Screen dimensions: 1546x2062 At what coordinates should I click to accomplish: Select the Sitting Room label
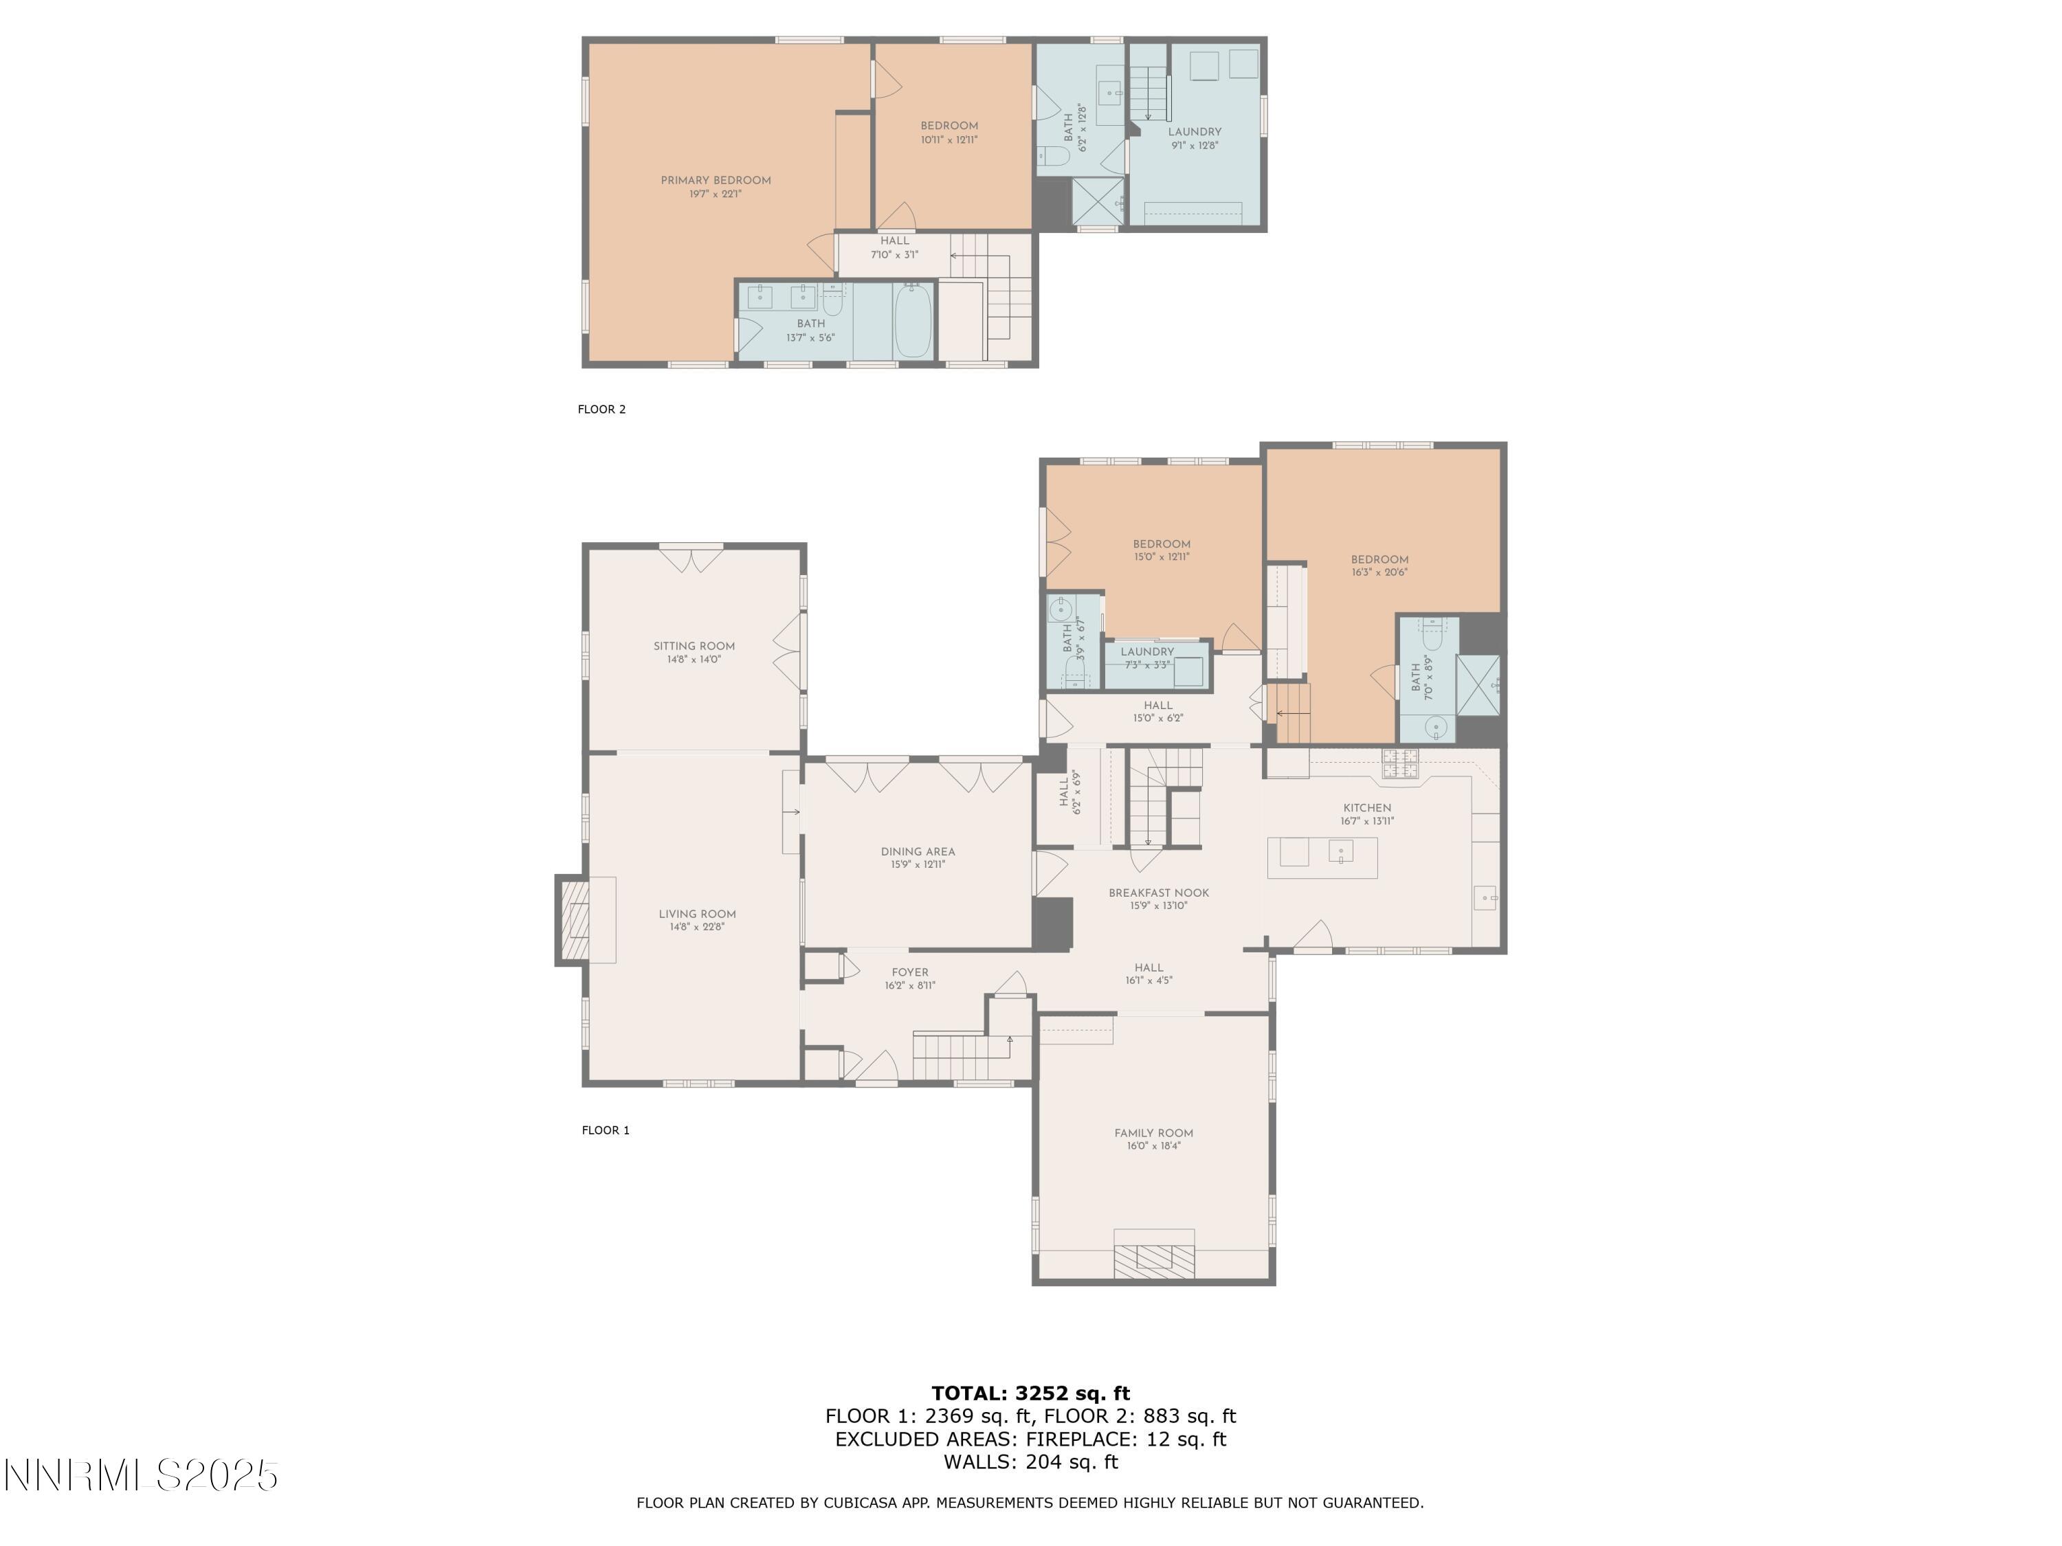[694, 646]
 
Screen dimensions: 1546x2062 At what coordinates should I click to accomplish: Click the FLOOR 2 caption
[601, 409]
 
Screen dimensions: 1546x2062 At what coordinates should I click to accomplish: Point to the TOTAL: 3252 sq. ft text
[1030, 1393]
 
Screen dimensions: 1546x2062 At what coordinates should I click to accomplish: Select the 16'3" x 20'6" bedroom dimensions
[1379, 573]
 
